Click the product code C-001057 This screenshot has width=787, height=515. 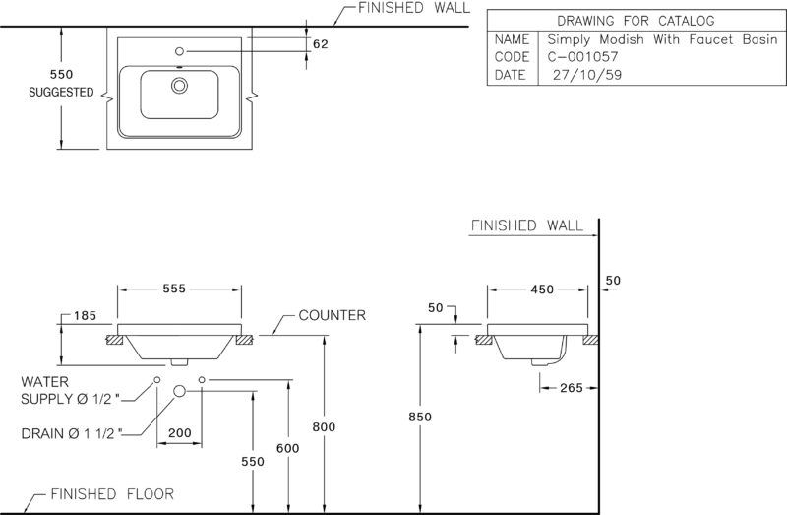click(x=582, y=57)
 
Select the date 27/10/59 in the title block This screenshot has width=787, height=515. click(x=587, y=75)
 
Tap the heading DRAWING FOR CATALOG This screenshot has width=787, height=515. click(x=636, y=21)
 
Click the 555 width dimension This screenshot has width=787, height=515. click(x=174, y=289)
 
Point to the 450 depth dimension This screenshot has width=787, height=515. click(x=542, y=290)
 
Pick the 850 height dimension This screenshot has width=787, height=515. click(x=420, y=417)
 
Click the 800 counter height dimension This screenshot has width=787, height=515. click(x=324, y=427)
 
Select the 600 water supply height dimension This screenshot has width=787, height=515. click(x=287, y=448)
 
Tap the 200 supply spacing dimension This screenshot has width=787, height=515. click(x=180, y=432)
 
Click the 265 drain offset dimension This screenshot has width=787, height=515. click(x=572, y=388)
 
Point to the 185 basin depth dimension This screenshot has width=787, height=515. click(x=85, y=315)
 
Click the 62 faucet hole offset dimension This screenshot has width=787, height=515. click(x=321, y=44)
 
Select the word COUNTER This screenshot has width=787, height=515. click(x=333, y=315)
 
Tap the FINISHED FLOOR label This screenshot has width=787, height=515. click(x=112, y=494)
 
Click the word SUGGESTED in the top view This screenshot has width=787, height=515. click(x=61, y=92)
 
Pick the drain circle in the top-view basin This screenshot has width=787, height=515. click(x=179, y=86)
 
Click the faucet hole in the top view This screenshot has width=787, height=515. click(x=179, y=51)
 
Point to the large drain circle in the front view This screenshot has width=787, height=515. click(x=180, y=391)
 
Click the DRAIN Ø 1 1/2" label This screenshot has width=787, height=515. click(x=71, y=433)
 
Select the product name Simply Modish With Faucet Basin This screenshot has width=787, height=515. click(x=662, y=39)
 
